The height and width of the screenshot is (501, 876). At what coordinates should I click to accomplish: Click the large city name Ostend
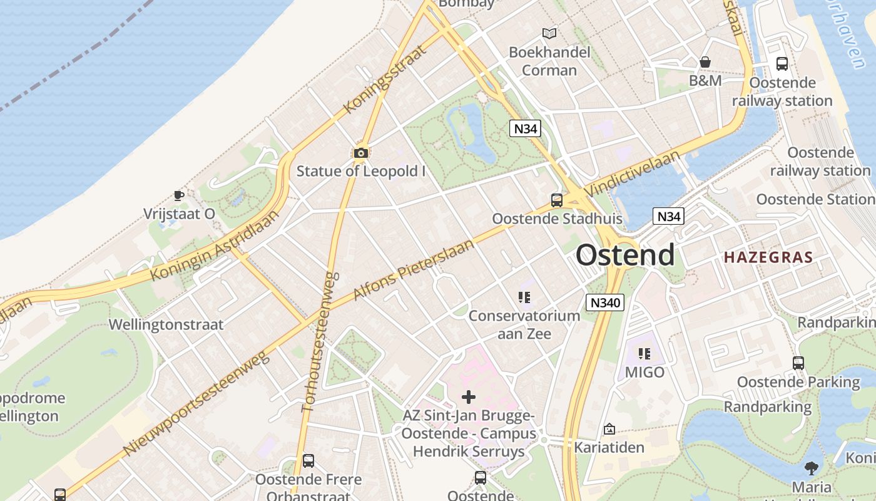(625, 255)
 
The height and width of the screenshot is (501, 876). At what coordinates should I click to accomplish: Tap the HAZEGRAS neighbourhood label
(768, 257)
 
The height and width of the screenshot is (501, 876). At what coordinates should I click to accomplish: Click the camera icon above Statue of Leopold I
(360, 153)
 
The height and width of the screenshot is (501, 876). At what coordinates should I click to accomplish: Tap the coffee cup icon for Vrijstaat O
(179, 195)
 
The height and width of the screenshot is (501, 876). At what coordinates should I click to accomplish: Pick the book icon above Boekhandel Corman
(549, 33)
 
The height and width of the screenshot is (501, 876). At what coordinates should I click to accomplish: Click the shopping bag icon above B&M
(705, 62)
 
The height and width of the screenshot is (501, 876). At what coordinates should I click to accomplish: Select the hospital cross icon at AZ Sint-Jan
(469, 396)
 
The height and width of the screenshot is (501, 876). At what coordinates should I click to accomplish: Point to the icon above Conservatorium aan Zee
(524, 297)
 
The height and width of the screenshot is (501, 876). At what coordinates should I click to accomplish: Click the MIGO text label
(644, 373)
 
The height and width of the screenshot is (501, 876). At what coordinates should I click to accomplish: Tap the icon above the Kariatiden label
(609, 429)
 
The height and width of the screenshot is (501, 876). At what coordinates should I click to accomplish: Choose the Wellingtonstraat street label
(166, 324)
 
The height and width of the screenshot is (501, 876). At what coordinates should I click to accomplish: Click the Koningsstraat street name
(385, 78)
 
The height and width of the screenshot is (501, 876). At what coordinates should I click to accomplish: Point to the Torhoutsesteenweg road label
(320, 341)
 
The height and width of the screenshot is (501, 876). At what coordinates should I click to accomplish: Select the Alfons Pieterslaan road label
(414, 269)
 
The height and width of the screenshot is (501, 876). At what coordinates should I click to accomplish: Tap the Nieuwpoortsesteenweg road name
(195, 404)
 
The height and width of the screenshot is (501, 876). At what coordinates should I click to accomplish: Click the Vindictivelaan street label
(632, 173)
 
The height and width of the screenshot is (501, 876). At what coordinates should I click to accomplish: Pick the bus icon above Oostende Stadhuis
(556, 200)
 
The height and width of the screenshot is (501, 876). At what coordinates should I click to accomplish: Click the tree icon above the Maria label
(812, 468)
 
